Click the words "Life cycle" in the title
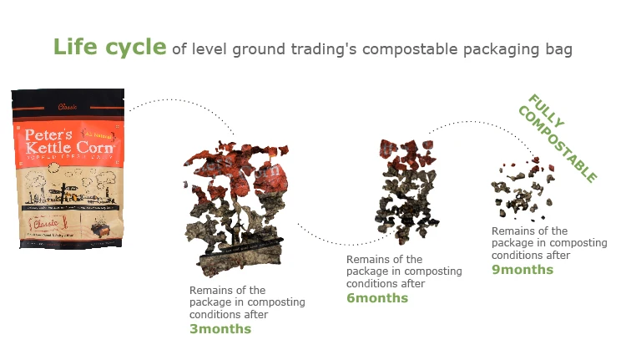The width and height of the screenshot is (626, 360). point(109,47)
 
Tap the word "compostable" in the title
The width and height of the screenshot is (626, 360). point(396,49)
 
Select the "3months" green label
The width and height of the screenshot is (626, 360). point(220,328)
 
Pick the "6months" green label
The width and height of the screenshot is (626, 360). point(377,297)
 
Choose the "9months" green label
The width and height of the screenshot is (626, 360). point(522,269)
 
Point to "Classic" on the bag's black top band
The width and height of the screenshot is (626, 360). point(66,106)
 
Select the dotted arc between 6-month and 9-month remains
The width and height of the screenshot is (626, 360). point(476,124)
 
